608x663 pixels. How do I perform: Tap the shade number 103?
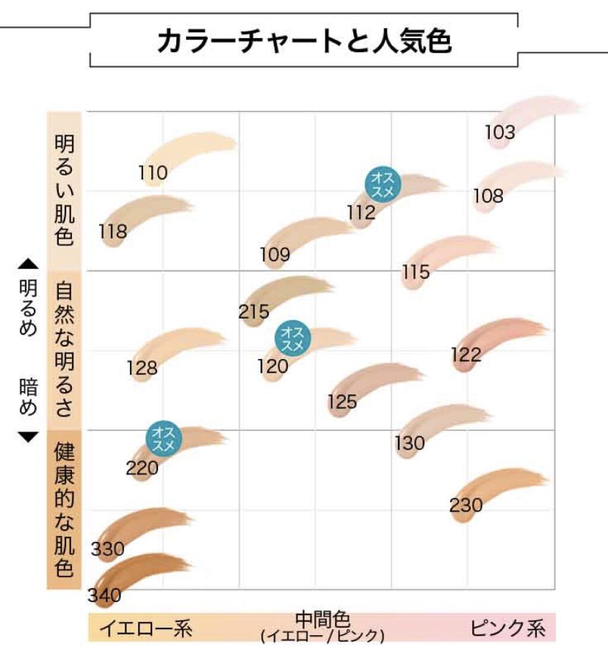pyautogui.click(x=500, y=132)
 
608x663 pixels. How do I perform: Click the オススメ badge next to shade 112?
pyautogui.click(x=383, y=184)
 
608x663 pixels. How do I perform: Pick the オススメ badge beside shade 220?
pyautogui.click(x=164, y=438)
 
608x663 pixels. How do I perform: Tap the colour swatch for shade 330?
pyautogui.click(x=148, y=522)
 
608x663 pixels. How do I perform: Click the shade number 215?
pyautogui.click(x=255, y=312)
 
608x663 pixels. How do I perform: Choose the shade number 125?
pyautogui.click(x=342, y=402)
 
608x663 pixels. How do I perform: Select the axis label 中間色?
pyautogui.click(x=322, y=620)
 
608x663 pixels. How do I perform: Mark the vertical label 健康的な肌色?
pyautogui.click(x=64, y=510)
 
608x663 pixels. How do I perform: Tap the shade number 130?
pyautogui.click(x=410, y=443)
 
